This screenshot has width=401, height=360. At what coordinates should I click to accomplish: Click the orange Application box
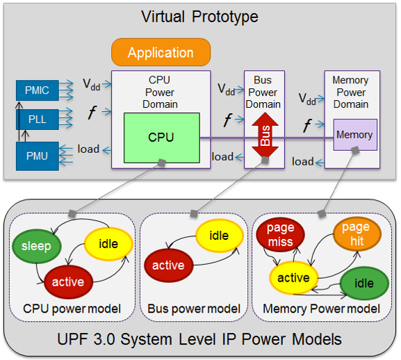pos(161,52)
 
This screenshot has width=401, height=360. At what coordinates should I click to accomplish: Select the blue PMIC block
pos(38,90)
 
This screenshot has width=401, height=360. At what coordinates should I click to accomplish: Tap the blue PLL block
pos(38,120)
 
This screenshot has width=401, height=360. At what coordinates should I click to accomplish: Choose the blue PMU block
pos(38,156)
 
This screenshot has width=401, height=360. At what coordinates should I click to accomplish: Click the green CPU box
pos(162,138)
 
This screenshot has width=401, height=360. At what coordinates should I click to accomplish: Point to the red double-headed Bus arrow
pos(265,135)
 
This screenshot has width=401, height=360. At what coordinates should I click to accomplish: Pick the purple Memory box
pos(355,135)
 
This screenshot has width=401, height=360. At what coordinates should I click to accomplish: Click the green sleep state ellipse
pos(37,246)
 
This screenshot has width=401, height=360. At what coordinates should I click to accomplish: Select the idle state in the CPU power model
pos(108,244)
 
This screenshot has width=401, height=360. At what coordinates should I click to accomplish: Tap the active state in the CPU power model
pos(68,282)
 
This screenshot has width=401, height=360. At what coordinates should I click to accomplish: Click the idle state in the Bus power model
pos(219,236)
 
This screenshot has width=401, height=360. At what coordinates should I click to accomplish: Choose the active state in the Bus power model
pos(168,265)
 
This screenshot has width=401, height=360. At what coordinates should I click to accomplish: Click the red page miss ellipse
pos(280,235)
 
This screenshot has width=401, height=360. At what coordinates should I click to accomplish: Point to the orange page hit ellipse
pos(357,234)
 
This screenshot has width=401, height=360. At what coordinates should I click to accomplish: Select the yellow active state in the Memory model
pos(293,278)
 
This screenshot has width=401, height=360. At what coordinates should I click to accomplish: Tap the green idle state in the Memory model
pos(364,284)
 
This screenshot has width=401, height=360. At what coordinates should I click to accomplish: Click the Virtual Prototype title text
pos(199,17)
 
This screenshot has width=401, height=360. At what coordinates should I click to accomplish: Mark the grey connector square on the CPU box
pos(162,163)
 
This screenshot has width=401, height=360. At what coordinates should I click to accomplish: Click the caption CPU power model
pos(72,309)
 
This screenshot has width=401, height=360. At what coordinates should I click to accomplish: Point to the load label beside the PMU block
pos(88,149)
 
